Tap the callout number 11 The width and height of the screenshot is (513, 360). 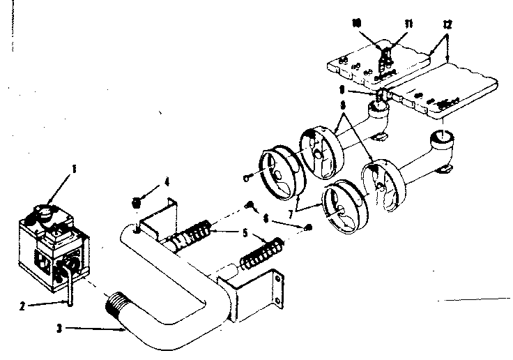click(408, 23)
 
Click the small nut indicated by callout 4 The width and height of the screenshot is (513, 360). click(137, 203)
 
